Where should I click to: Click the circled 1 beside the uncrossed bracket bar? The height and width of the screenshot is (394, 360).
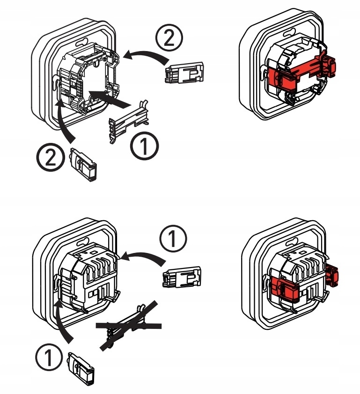(144, 146)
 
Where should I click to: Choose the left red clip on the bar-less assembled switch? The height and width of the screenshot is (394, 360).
(284, 287)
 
